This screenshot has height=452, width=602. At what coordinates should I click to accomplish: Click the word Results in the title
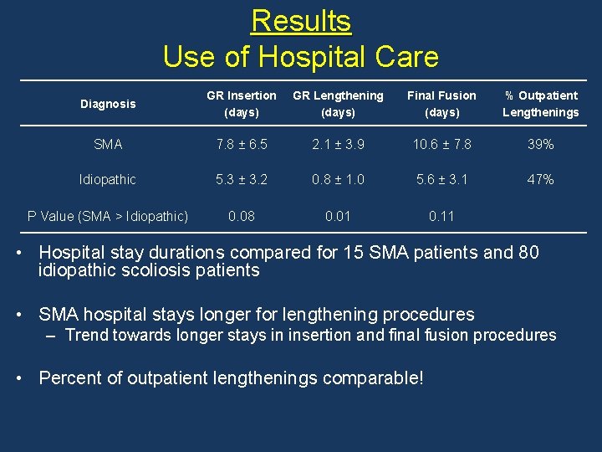301,20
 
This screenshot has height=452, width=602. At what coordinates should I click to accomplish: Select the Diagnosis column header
108,104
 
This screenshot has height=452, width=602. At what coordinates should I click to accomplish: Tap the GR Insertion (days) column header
242,104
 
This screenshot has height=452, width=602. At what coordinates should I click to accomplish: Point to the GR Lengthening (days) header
338,104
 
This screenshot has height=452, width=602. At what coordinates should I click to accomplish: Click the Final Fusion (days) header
441,104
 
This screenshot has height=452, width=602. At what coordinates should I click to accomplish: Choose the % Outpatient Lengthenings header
540,104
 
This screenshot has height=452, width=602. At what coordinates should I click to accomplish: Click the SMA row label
108,145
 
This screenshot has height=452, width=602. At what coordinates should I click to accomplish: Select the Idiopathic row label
108,180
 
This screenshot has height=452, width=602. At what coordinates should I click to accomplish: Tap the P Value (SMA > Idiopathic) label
108,216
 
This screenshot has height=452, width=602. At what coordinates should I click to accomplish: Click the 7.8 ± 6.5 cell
242,145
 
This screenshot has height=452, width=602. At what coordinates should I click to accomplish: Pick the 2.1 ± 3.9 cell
338,145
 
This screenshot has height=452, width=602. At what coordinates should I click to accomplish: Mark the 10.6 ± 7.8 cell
441,145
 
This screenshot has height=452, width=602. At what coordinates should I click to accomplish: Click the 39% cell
540,145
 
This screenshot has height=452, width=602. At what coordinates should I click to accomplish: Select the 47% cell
540,180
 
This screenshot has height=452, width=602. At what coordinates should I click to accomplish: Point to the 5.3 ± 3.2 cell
242,180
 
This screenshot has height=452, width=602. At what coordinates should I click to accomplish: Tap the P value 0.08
242,216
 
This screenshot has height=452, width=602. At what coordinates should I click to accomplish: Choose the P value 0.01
338,216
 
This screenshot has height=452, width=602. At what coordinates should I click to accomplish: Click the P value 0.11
441,216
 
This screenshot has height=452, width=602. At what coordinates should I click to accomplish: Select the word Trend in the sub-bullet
87,336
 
